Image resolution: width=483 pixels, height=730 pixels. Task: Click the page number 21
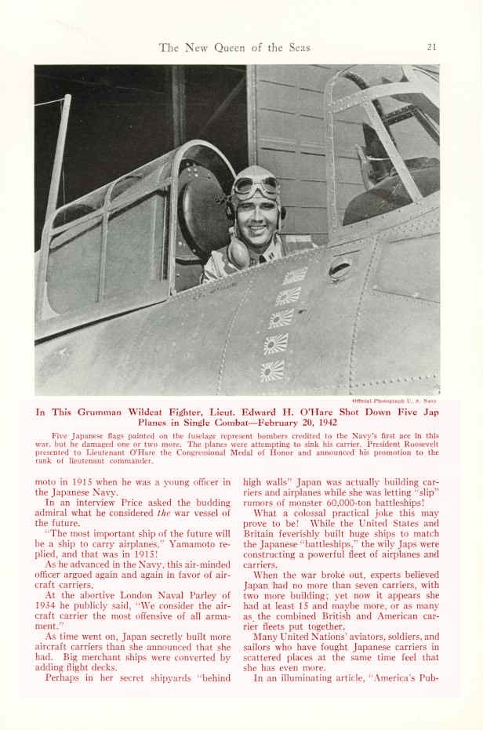tap(431, 47)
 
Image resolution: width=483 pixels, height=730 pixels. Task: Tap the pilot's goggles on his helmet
tap(256, 187)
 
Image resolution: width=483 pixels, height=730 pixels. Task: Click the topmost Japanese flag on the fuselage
tap(295, 275)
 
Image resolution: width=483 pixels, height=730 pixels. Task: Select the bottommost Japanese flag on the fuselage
tap(272, 370)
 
